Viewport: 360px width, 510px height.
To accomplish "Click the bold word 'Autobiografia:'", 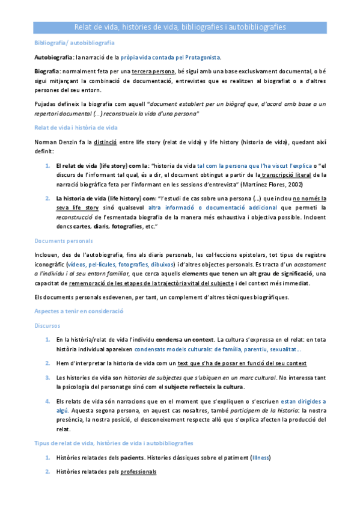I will [54, 58].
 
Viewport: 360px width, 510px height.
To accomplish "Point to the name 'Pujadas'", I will [45, 104].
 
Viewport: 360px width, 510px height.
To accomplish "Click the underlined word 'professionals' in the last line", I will [138, 472].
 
